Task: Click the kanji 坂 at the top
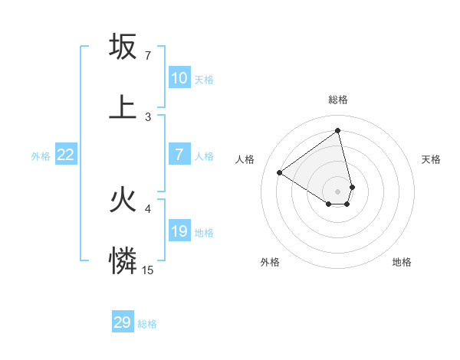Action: [x=123, y=47]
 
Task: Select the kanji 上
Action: [x=123, y=107]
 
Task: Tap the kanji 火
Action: [x=123, y=200]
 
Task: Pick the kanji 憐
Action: [x=123, y=261]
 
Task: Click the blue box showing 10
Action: [x=179, y=78]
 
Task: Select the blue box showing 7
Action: [x=179, y=155]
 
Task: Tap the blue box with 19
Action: [x=179, y=231]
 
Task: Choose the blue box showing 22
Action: [x=65, y=155]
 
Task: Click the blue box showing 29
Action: [x=123, y=322]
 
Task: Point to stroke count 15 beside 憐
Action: [x=148, y=270]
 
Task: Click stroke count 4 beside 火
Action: [x=148, y=208]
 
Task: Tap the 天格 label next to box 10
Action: [x=204, y=80]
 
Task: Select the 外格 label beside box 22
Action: [x=41, y=156]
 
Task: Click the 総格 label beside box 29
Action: [x=147, y=324]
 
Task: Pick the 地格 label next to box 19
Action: [x=204, y=233]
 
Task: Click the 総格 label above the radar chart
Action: [x=338, y=100]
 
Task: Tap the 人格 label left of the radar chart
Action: [x=245, y=159]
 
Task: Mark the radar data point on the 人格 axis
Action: [x=280, y=173]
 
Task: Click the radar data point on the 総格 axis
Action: [x=338, y=131]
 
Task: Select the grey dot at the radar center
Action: [x=338, y=191]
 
